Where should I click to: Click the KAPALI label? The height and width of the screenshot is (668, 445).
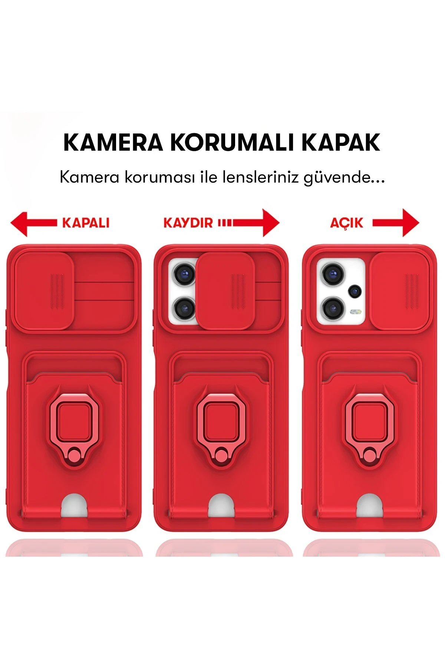pos(86,223)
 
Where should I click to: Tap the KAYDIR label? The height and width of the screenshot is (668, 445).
pos(188,223)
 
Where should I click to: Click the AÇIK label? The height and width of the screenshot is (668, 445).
pos(347,223)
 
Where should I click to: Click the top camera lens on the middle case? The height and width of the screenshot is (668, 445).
pos(184,275)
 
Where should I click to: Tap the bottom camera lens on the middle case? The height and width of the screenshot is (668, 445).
pos(184,307)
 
